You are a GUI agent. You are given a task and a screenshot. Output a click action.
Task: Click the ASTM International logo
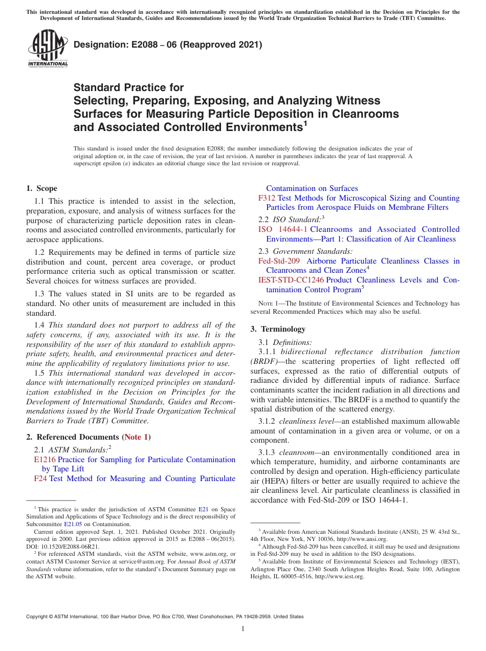point(47,49)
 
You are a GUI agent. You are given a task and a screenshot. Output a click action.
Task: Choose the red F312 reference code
point(267,198)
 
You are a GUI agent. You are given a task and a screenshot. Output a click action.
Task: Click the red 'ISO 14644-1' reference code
point(283,229)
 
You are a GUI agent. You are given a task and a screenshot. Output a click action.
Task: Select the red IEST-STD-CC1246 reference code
point(291,280)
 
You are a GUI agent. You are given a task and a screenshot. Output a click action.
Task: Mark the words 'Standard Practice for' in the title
point(128,88)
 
